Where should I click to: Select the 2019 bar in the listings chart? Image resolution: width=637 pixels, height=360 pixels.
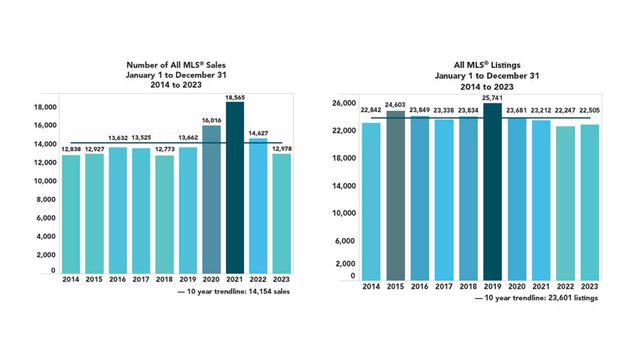click(x=492, y=192)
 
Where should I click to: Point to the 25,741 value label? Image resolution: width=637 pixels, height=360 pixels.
click(x=492, y=98)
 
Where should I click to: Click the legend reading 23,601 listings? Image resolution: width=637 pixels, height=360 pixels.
click(x=536, y=298)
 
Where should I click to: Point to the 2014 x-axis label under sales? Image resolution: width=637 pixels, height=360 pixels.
click(x=71, y=279)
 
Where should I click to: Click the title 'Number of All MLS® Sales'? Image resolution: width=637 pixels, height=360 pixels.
click(x=176, y=65)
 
